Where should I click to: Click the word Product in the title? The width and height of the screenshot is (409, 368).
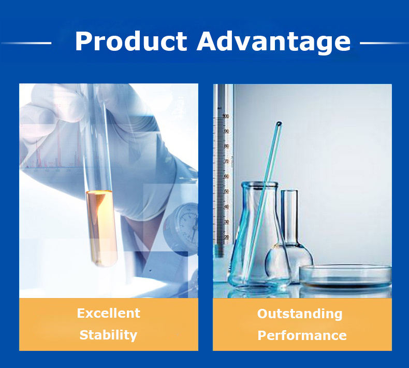click(131, 41)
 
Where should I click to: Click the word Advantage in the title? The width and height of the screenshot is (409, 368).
click(274, 43)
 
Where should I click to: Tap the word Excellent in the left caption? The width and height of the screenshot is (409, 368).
click(109, 313)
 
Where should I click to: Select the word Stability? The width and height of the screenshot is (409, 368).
click(108, 335)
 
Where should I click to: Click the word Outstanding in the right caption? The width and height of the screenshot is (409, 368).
click(300, 314)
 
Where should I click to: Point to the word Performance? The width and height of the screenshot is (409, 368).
click(302, 335)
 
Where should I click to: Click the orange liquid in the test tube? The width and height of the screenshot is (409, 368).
click(101, 228)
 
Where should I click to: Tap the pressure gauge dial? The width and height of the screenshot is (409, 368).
click(183, 225)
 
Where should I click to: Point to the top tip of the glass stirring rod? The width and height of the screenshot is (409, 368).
click(279, 123)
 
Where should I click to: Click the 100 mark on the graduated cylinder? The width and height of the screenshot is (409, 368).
click(226, 116)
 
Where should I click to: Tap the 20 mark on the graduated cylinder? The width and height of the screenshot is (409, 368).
click(226, 237)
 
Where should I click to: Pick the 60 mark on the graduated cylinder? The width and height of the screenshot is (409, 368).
click(226, 176)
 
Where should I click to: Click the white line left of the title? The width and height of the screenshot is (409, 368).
click(26, 43)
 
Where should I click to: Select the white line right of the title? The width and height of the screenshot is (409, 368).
click(384, 43)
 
